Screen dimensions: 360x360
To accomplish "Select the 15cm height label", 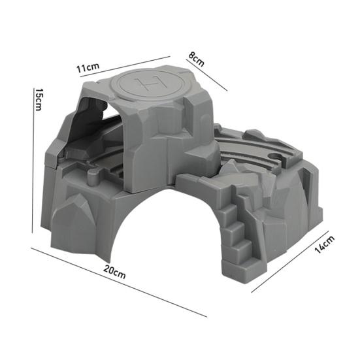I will [x=39, y=100].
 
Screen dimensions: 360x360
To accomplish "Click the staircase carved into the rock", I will [x=238, y=229].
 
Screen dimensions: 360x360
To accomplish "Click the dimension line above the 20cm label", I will [x=118, y=281].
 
